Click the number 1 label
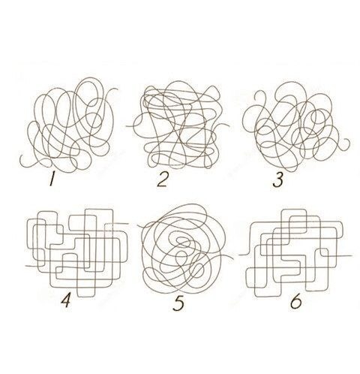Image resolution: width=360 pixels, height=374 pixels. click(52, 179)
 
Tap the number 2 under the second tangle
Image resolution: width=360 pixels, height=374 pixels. click(163, 180)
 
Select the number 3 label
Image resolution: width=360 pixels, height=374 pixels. click(277, 180)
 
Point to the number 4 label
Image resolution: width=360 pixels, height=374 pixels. click(66, 300)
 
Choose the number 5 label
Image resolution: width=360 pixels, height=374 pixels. click(178, 303)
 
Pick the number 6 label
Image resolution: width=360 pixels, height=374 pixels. click(295, 301)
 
